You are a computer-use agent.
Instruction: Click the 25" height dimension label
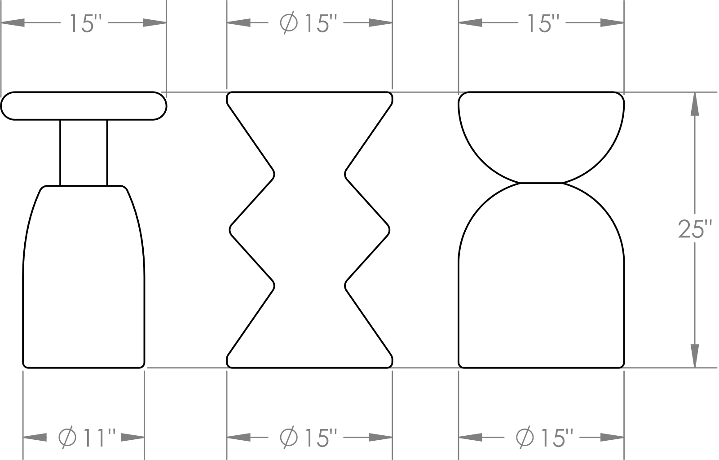[x=695, y=229]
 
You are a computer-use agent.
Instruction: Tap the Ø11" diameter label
[x=87, y=438]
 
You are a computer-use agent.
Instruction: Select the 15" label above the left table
[x=85, y=23]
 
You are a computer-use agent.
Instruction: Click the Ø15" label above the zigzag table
[x=309, y=23]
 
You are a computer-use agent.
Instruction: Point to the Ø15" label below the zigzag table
[x=309, y=438]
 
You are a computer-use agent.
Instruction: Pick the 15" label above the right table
[x=543, y=23]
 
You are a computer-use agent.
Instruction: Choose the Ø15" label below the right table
[x=545, y=438]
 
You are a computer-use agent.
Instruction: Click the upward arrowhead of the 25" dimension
[x=695, y=104]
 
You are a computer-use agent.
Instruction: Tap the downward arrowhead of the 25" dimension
[x=695, y=356]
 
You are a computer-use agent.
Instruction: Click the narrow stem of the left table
[x=84, y=153]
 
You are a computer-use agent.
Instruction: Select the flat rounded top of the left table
[x=84, y=106]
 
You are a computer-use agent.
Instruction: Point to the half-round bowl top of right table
[x=541, y=137]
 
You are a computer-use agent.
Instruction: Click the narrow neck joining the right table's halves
[x=541, y=183]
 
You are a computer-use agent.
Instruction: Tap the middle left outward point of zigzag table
[x=230, y=230]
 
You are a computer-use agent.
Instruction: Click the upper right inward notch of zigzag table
[x=345, y=175]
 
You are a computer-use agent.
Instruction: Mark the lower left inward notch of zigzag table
[x=274, y=285]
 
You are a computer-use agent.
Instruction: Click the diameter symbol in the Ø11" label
[x=67, y=438]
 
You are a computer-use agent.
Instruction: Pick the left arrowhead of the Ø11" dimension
[x=35, y=437]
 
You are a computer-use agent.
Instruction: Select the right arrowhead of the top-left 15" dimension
[x=155, y=23]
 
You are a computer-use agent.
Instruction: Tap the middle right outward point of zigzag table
[x=389, y=230]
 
